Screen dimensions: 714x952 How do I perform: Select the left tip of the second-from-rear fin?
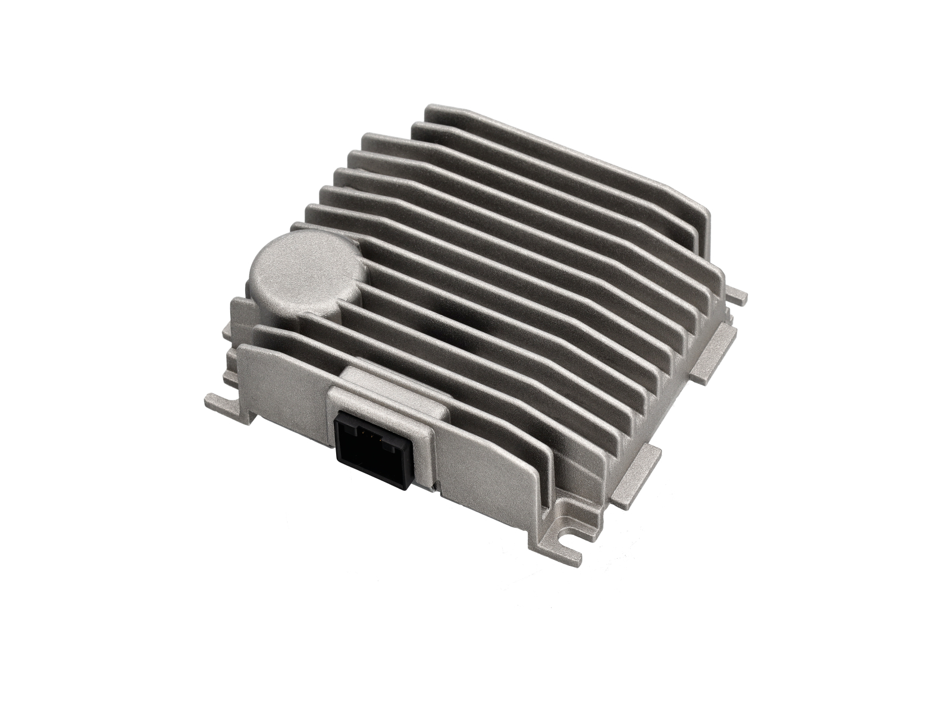click(x=418, y=126)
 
